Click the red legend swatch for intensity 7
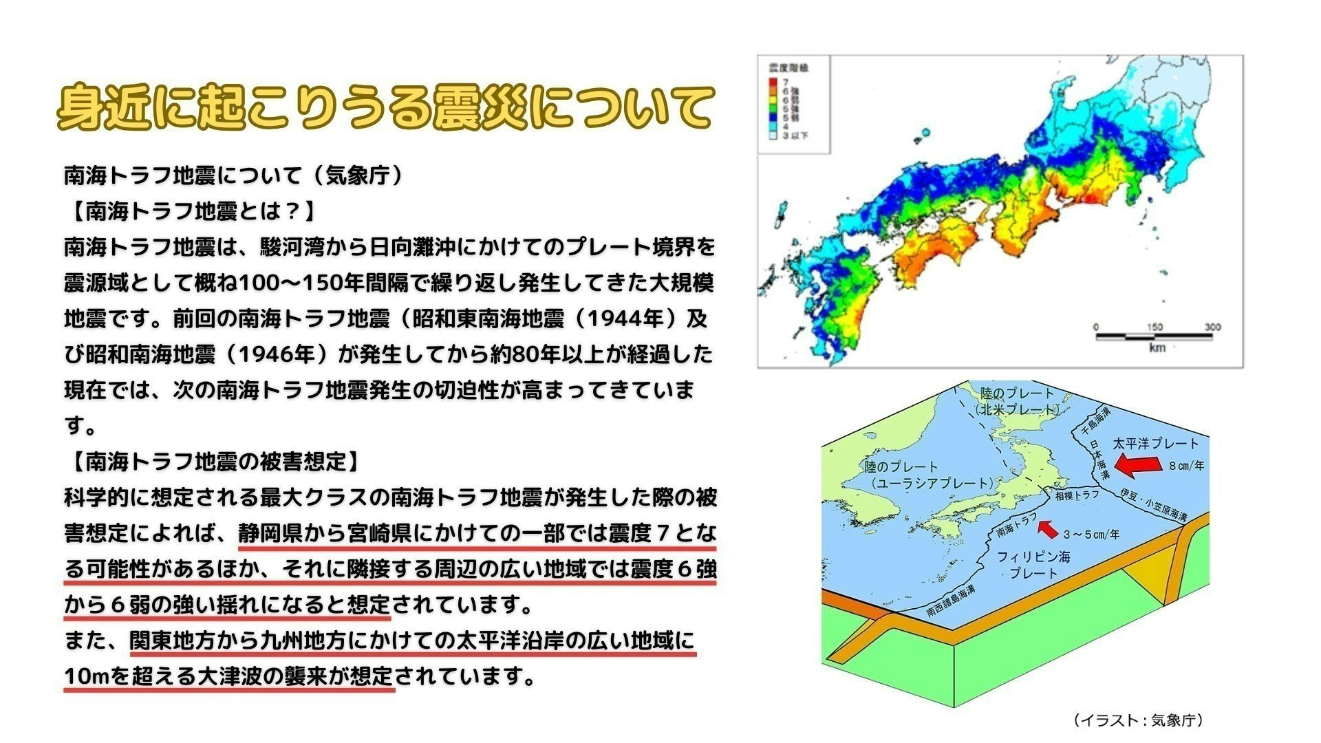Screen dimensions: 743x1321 coord(773,81)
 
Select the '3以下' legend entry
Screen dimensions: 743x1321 coord(795,136)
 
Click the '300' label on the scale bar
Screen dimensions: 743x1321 coord(1212,327)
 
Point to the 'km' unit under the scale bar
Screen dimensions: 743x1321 coord(1157,348)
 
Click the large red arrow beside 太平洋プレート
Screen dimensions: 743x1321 coord(1136,465)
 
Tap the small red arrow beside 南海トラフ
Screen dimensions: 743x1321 coord(1048,528)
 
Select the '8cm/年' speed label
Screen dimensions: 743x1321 coord(1186,466)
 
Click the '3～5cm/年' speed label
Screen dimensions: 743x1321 coord(1091,535)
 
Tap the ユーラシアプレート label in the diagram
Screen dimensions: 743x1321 coord(932,483)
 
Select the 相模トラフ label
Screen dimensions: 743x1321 coord(1077,494)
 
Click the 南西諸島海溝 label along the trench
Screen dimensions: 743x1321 coord(951,601)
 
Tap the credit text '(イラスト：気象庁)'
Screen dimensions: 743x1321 coord(1138,720)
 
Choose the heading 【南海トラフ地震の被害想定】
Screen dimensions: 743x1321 coord(213,461)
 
